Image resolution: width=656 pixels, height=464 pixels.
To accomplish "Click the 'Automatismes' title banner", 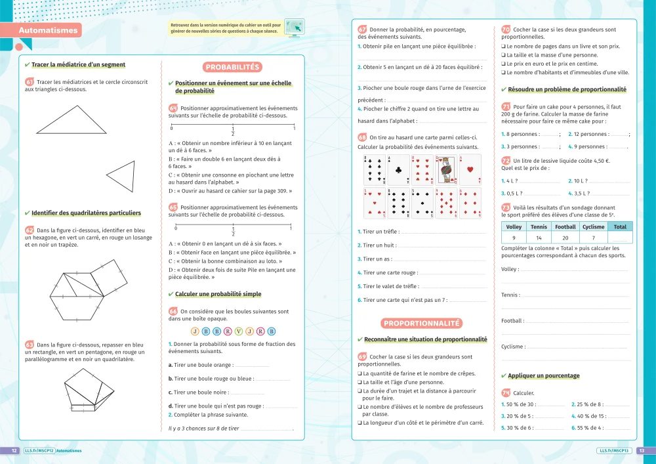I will point(49,30).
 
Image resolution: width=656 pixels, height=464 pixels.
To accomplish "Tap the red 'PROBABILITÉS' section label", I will point(234,67).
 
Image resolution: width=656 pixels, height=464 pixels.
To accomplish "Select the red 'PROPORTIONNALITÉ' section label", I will point(422,323).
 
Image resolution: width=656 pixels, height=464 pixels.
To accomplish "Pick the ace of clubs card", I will point(398,170).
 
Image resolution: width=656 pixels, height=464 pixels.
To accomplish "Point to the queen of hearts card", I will point(445,170).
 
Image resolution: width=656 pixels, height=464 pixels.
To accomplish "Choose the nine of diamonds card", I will point(445,203).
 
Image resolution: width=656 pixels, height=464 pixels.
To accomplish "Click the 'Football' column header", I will point(565,226).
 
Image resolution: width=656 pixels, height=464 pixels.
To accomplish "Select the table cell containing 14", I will point(539,238).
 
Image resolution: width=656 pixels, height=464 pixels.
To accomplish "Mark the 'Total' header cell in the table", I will point(619,226).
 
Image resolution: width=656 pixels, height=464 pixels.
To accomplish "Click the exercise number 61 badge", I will point(30,82).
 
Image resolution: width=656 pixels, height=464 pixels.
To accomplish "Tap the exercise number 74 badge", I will point(506,392).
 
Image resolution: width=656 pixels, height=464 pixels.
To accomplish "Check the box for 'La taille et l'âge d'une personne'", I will point(360,382).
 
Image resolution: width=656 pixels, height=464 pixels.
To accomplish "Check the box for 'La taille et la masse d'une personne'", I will point(503,55).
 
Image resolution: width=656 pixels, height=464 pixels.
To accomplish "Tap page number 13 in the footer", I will point(642,451).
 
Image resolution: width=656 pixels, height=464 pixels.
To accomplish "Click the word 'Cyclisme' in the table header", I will point(593,226).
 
